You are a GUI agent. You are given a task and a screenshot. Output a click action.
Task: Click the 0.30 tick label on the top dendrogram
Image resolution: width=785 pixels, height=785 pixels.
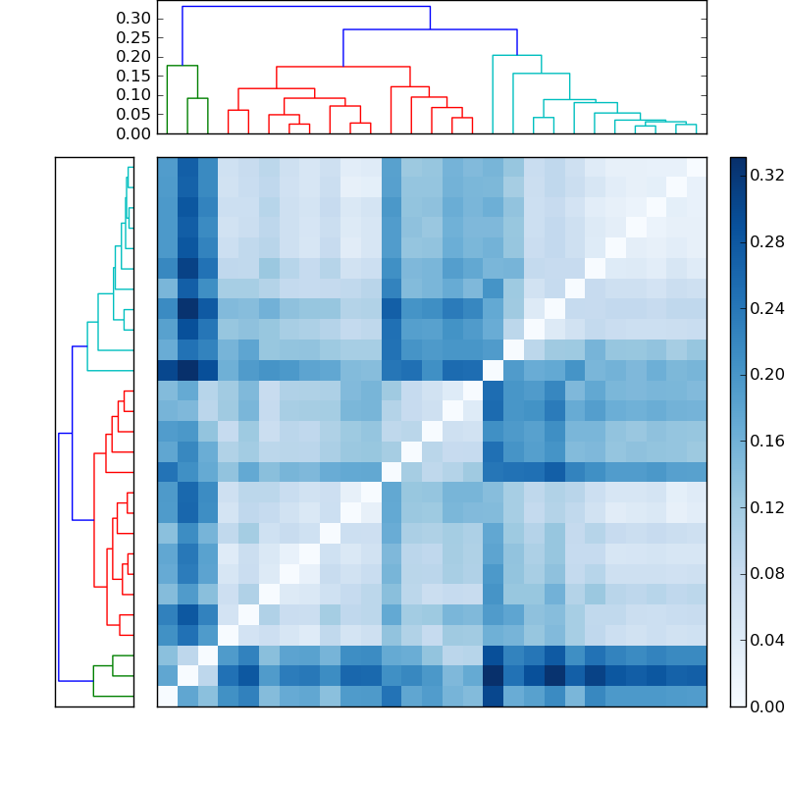(133, 19)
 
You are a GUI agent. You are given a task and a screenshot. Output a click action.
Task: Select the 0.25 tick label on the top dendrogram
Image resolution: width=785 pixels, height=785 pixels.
(133, 37)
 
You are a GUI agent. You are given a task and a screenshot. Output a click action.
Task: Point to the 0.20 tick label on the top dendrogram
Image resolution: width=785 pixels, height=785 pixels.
(133, 57)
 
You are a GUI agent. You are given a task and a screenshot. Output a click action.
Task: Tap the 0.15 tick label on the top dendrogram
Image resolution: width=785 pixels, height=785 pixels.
(133, 76)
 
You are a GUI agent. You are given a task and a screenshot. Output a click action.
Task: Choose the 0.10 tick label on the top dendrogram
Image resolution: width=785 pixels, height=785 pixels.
(133, 95)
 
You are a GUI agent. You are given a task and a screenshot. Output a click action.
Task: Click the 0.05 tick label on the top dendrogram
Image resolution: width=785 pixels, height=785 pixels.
(133, 114)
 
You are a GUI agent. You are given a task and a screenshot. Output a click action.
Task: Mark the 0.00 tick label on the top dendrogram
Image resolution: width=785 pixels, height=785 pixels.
(133, 133)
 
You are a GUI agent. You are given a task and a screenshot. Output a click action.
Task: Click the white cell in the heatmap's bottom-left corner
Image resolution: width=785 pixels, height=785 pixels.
(167, 696)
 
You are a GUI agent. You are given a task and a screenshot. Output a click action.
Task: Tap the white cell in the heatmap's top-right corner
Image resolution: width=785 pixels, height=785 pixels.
(696, 167)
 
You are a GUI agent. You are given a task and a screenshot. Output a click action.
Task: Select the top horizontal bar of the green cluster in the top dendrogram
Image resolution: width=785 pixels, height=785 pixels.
(182, 66)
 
